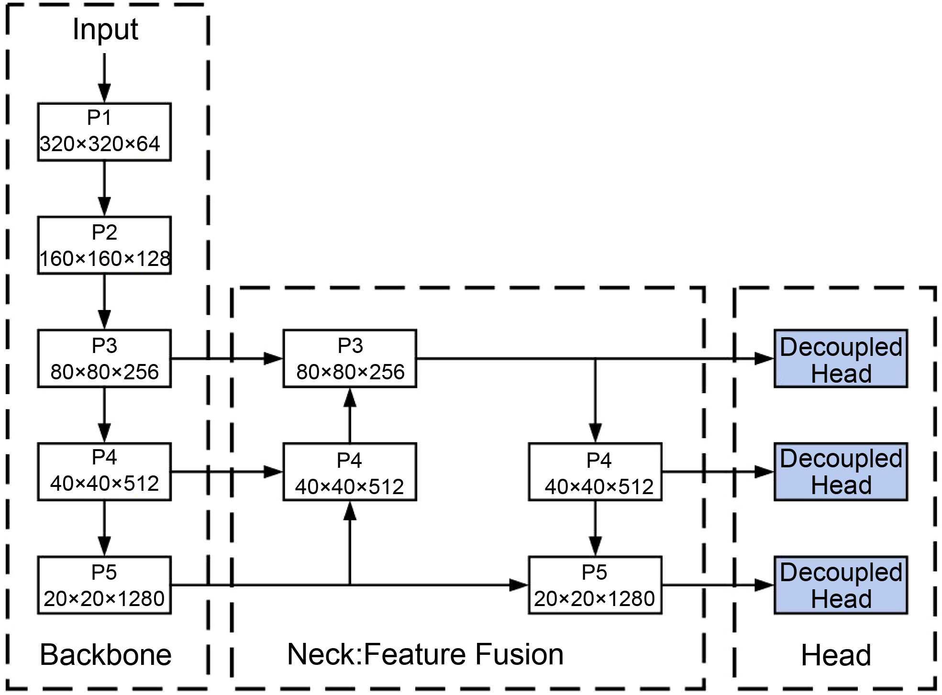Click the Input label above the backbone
pyautogui.click(x=105, y=30)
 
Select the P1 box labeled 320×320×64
pyautogui.click(x=104, y=132)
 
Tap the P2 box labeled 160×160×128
pyautogui.click(x=104, y=245)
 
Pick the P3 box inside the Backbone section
pyautogui.click(x=104, y=359)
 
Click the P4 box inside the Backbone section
pyautogui.click(x=104, y=472)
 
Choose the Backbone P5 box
pyautogui.click(x=104, y=585)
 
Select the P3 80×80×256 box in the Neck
pyautogui.click(x=350, y=359)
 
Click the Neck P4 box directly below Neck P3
pyautogui.click(x=350, y=472)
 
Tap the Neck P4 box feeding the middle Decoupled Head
pyautogui.click(x=595, y=472)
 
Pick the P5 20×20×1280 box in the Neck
pyautogui.click(x=595, y=585)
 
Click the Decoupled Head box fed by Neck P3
pyautogui.click(x=841, y=359)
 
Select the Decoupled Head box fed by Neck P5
pyautogui.click(x=841, y=585)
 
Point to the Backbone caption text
pyautogui.click(x=106, y=655)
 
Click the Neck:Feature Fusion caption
pyautogui.click(x=425, y=654)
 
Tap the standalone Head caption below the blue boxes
pyautogui.click(x=836, y=655)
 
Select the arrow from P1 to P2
pyautogui.click(x=104, y=188)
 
